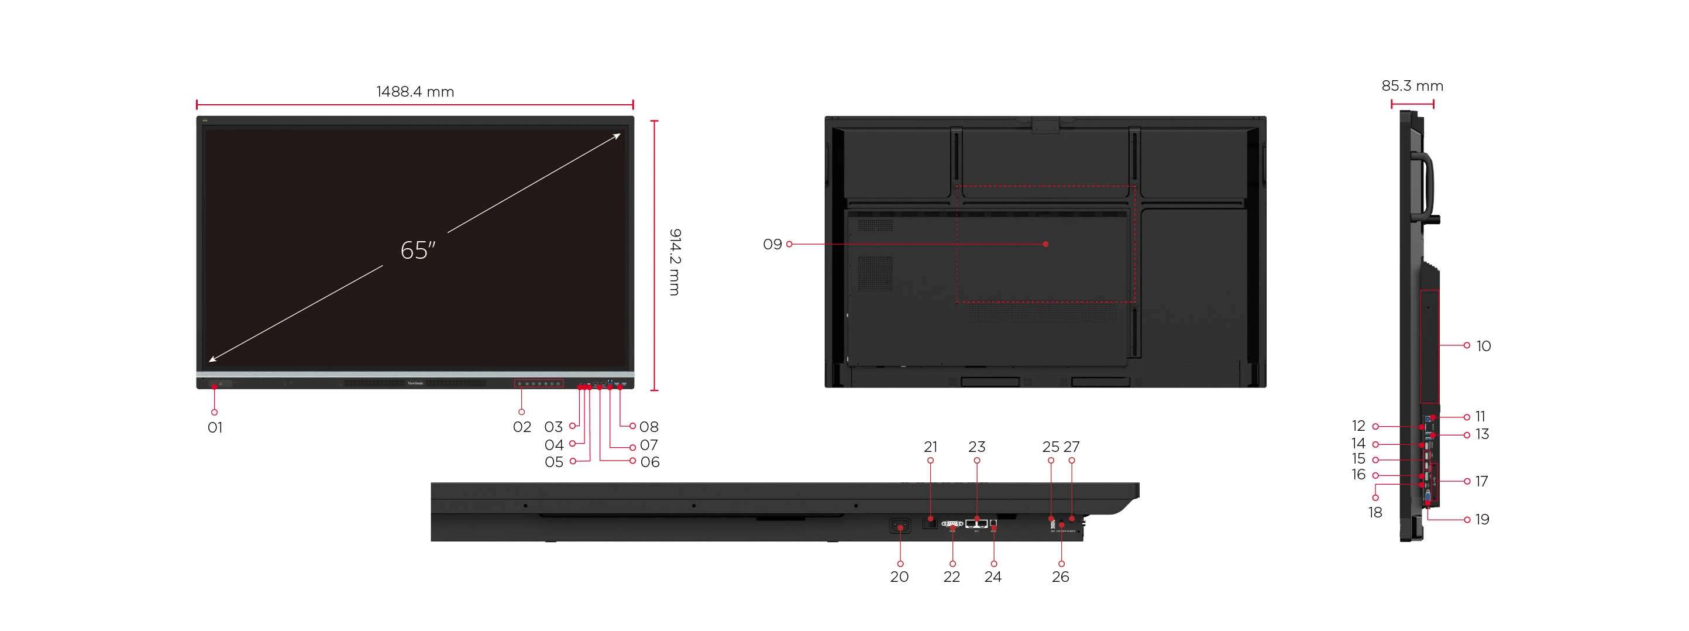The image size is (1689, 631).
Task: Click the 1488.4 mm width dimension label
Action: (x=415, y=92)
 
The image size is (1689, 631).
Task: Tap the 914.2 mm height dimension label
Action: (x=675, y=262)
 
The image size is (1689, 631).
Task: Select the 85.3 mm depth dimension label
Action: (x=1412, y=86)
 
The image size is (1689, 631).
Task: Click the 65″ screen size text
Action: (x=418, y=251)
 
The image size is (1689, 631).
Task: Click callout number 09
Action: (x=772, y=245)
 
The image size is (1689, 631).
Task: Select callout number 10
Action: (x=1483, y=347)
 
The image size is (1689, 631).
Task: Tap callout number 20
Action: (x=899, y=577)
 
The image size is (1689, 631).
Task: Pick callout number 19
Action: (x=1482, y=520)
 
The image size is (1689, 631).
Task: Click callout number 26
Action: (x=1060, y=577)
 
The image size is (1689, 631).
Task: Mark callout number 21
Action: (x=930, y=447)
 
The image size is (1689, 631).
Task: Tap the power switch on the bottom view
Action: (x=900, y=526)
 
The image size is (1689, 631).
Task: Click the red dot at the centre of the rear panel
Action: (x=1046, y=244)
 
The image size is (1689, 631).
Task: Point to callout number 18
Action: (x=1375, y=513)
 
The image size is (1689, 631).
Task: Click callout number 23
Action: (x=976, y=447)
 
